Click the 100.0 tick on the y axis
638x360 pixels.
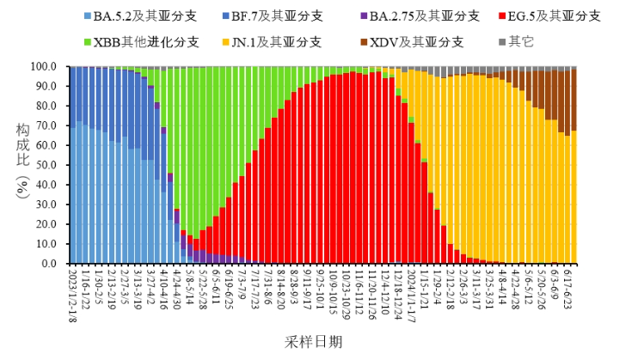[x=44, y=66]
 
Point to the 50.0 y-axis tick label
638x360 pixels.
[x=46, y=165]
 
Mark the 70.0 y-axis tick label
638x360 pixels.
[x=46, y=125]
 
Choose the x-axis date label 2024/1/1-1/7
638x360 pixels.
[x=411, y=292]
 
